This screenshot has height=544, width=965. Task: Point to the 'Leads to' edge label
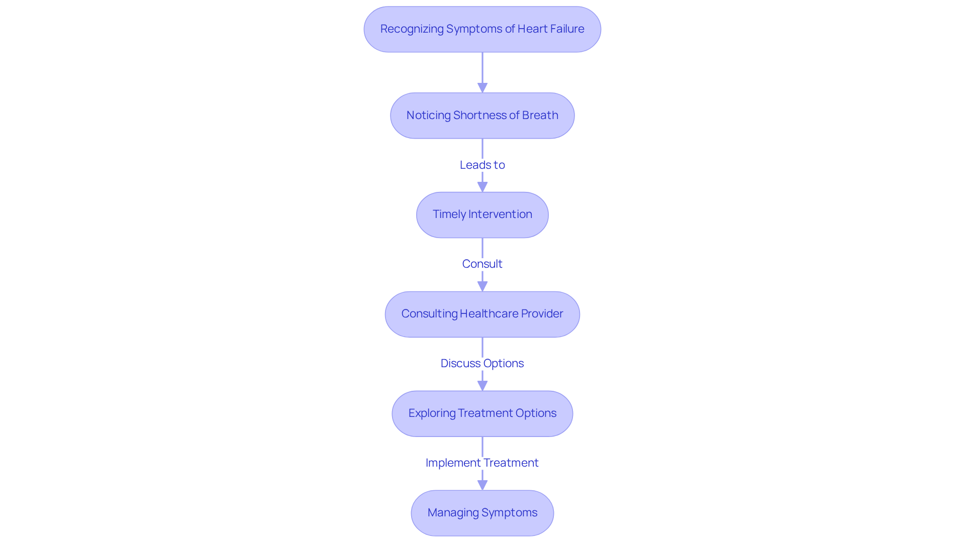point(482,165)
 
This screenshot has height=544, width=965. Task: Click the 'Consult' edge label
point(482,264)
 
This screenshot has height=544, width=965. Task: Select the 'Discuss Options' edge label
point(482,363)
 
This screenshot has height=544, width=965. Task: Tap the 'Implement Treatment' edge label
point(482,463)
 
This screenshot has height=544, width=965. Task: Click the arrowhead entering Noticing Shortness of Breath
point(482,88)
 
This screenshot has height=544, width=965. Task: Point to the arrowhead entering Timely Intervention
point(482,187)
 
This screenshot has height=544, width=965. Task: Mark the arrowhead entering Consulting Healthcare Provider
point(482,286)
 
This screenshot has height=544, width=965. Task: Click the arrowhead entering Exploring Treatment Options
point(482,386)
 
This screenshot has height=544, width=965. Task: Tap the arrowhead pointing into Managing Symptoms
point(482,485)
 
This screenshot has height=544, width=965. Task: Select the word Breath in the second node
point(540,116)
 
